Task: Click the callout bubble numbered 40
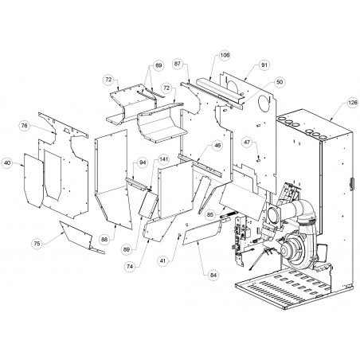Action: tap(8, 162)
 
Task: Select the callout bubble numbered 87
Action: tap(178, 64)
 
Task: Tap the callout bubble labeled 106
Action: tap(225, 55)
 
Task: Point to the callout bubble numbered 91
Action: tap(264, 65)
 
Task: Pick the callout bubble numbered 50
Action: tap(280, 82)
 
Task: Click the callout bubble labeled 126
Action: tap(353, 103)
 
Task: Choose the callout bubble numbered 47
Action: tap(247, 143)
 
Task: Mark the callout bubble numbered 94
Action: tap(143, 162)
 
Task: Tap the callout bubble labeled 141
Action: tap(163, 159)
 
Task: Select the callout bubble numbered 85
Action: tap(210, 214)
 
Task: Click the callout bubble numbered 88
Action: tap(104, 239)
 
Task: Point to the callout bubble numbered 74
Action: tap(130, 267)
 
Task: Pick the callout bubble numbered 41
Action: tap(162, 260)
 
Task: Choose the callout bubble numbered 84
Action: tap(213, 275)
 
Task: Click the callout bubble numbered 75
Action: tap(37, 243)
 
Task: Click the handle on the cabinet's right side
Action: tap(352, 184)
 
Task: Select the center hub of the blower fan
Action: tap(286, 248)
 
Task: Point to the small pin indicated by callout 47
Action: tap(258, 160)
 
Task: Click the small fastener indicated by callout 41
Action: tap(179, 235)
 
